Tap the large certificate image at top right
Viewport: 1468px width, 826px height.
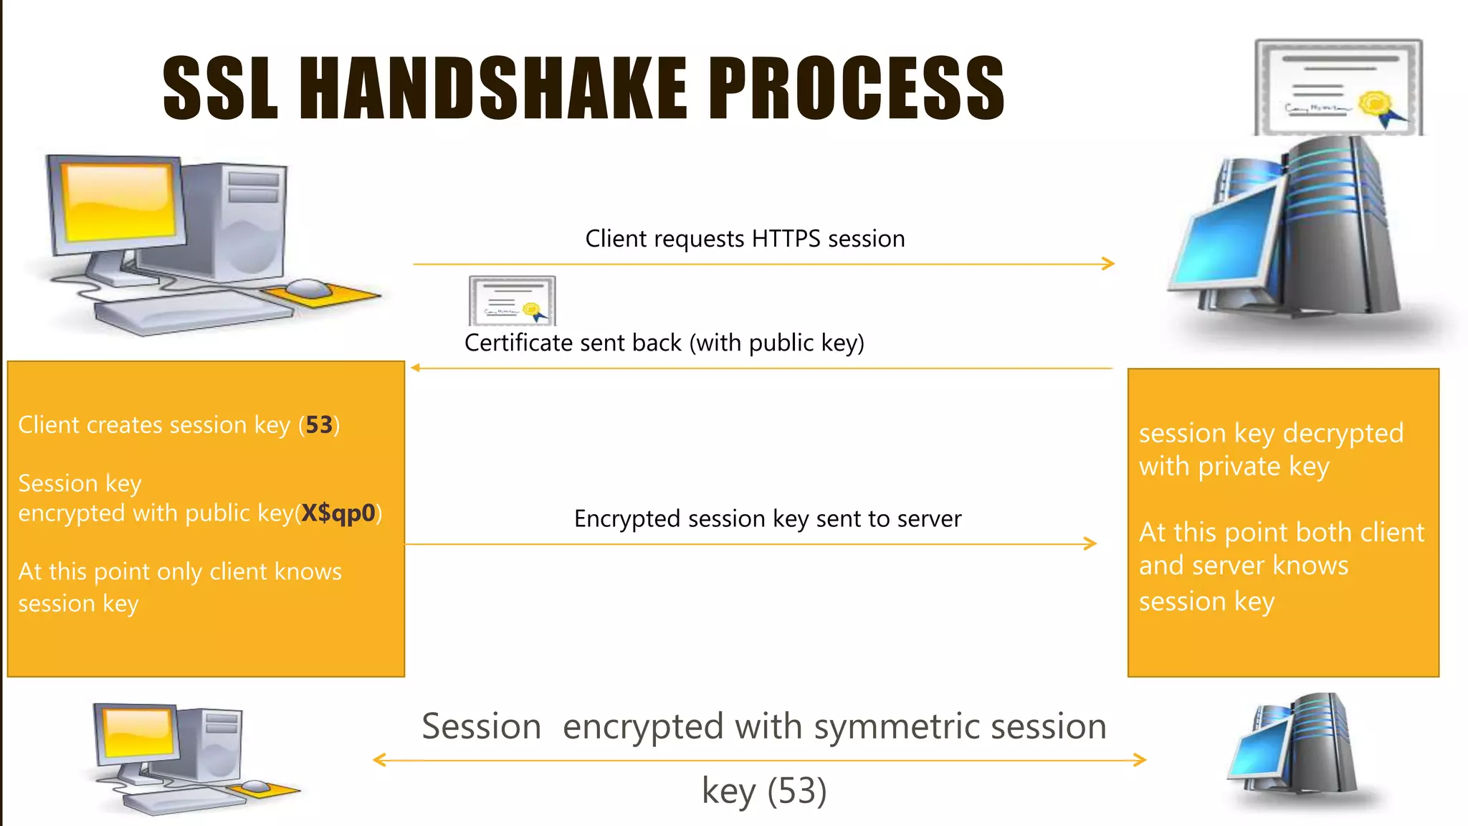[1338, 87]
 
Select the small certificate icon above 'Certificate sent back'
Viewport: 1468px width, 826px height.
[512, 300]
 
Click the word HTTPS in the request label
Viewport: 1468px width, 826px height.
[786, 239]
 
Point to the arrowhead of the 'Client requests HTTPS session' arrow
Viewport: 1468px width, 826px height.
[1109, 264]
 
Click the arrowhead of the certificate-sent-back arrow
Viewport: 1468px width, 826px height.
[415, 368]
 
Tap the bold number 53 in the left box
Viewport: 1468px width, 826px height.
[319, 425]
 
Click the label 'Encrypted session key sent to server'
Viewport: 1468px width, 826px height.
[767, 518]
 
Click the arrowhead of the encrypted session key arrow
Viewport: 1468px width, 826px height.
[1091, 543]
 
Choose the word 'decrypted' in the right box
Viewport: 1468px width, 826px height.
[1343, 433]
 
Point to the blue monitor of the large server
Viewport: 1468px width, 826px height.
[1222, 237]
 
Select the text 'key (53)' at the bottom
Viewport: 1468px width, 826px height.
[764, 791]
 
